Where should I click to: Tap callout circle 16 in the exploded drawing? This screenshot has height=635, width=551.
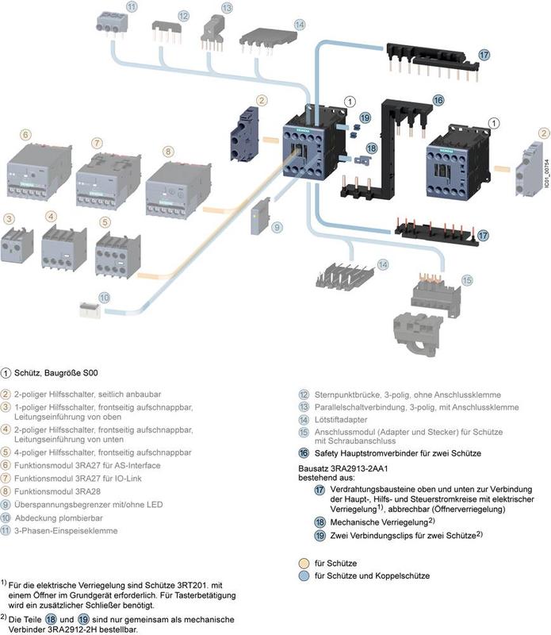coord(438,100)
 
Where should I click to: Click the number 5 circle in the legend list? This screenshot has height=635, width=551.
coord(6,452)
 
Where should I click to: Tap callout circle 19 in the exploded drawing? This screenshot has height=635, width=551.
coord(365,117)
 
